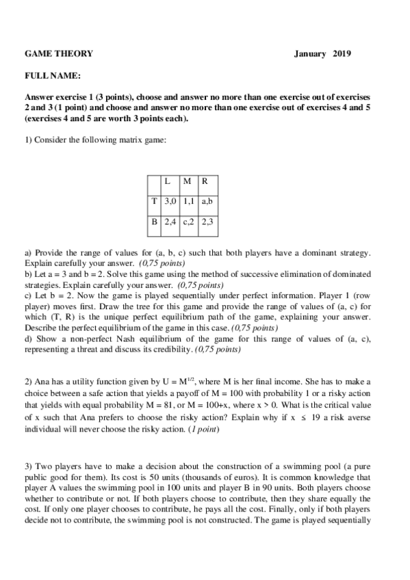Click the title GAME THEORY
coord(59,54)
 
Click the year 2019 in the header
coord(341,54)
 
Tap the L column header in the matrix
coord(168,181)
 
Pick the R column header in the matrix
coord(205,181)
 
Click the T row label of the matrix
coord(155,202)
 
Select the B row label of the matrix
coord(155,222)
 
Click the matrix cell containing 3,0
coord(170,202)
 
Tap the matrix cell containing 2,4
coord(170,222)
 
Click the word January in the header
coord(309,54)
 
